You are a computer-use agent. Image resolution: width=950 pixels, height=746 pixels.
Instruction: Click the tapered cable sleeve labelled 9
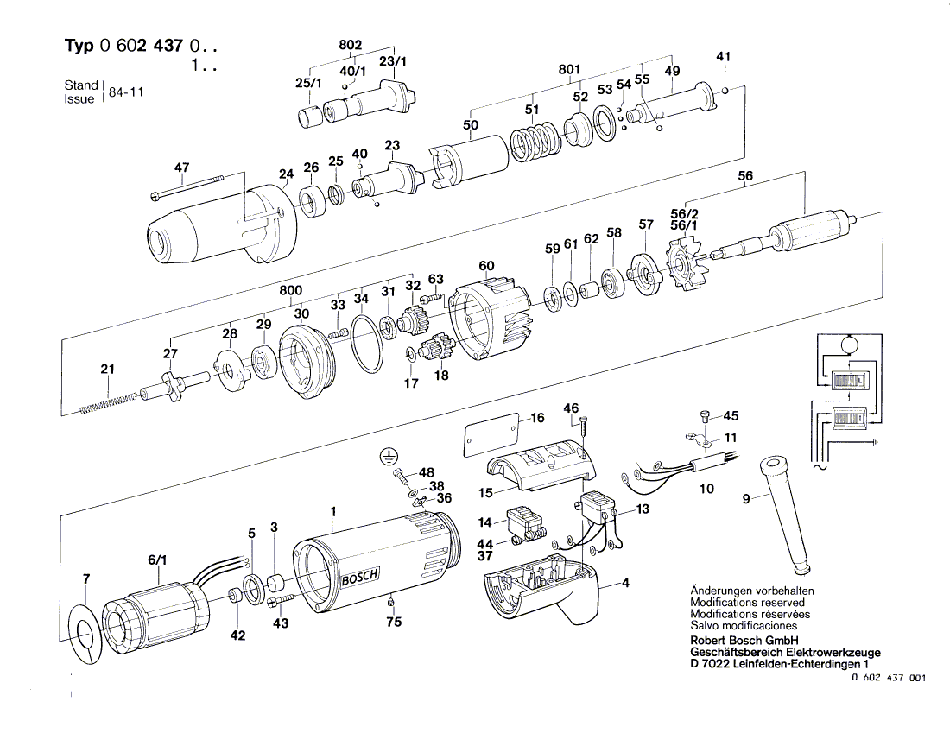785,514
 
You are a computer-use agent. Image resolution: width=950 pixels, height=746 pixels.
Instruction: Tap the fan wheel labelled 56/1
687,261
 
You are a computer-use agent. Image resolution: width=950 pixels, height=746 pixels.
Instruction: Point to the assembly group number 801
569,69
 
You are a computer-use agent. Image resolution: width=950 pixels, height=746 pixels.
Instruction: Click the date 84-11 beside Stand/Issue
126,92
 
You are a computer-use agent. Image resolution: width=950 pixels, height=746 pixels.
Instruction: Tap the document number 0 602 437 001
888,679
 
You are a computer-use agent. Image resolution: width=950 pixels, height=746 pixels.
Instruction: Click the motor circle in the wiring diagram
848,344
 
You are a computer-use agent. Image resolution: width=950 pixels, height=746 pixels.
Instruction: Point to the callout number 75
394,620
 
